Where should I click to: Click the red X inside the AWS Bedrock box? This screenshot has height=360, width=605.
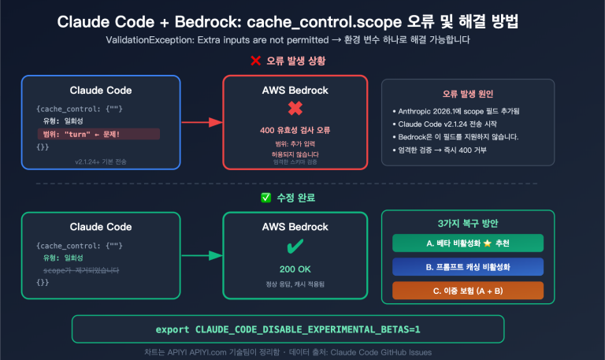[295, 110]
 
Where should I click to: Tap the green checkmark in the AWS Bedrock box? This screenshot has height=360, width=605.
[295, 247]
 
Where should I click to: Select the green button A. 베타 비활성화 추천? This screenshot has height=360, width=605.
[461, 243]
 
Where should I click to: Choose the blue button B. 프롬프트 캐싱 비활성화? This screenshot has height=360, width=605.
[461, 266]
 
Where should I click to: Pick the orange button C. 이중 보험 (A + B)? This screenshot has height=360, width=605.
[461, 290]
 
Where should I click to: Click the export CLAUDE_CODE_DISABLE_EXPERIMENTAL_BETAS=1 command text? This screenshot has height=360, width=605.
[288, 328]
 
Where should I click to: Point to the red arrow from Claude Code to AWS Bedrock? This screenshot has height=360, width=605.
[202, 122]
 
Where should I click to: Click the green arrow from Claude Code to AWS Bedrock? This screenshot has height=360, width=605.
[202, 256]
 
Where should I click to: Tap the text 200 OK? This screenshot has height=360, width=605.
[295, 269]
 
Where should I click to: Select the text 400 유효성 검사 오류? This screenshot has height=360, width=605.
[295, 130]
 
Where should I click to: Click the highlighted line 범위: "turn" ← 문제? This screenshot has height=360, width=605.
[98, 134]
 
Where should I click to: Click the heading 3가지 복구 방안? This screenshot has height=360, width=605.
[461, 223]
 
